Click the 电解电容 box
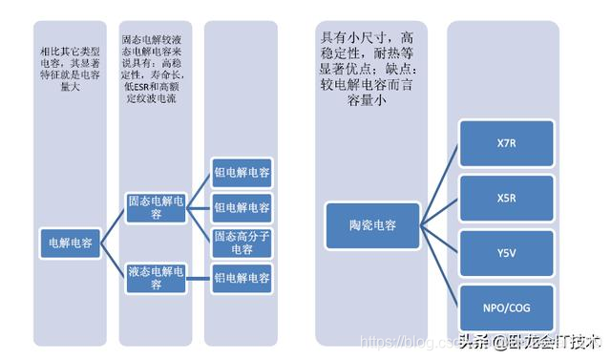coord(71,244)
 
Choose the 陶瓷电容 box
coord(372,226)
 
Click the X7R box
coord(505,143)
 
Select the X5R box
coord(505,199)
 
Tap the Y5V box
coord(505,254)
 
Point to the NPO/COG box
coord(505,308)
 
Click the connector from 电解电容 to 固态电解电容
coord(114,226)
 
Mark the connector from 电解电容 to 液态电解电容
coord(114,261)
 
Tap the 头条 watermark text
coord(474,339)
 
